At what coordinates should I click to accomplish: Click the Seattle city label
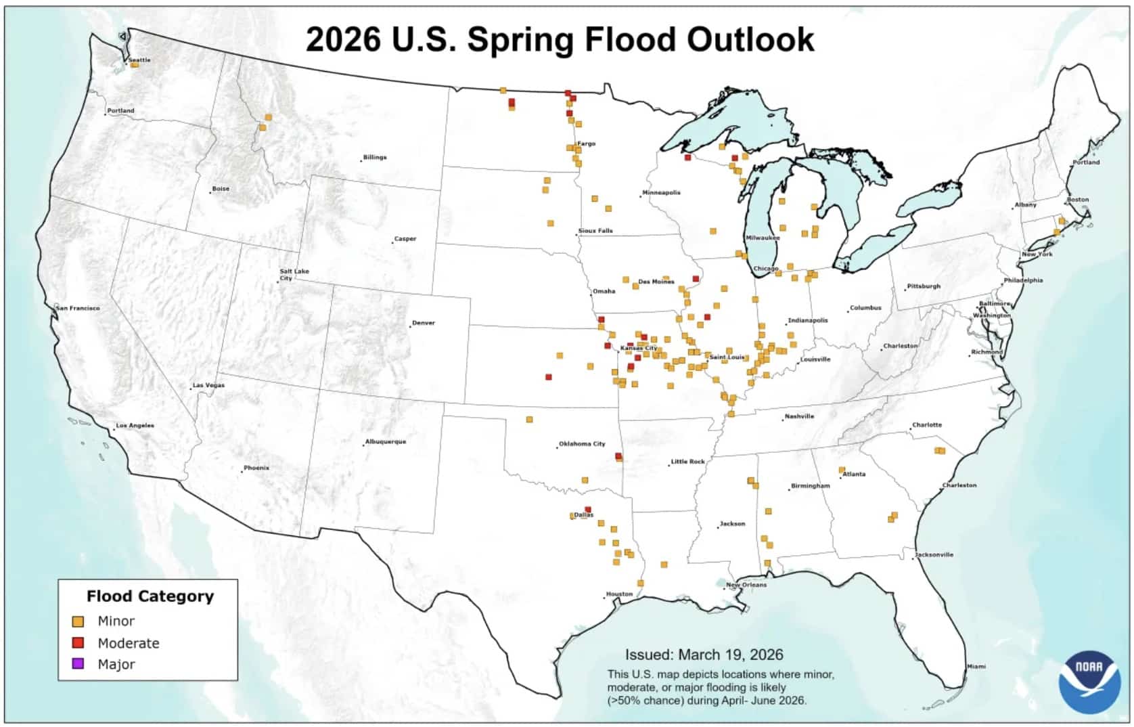(140, 60)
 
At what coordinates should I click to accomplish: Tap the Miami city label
(976, 666)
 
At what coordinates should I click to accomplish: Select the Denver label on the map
(424, 323)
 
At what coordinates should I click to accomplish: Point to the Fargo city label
(587, 144)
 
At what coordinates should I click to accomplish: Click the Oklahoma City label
(582, 444)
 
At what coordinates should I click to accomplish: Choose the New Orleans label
(746, 585)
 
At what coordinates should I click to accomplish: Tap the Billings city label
(375, 157)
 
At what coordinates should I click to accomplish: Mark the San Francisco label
(78, 308)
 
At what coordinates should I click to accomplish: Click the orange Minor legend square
(78, 621)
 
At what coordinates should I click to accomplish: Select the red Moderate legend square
(78, 643)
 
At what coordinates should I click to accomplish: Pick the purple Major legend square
(78, 664)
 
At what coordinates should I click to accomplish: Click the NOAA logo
(1089, 681)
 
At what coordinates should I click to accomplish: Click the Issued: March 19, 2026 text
(704, 655)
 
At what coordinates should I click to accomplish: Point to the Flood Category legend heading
(150, 596)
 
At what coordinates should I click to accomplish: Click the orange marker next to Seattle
(135, 65)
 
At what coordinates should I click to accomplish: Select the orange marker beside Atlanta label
(842, 469)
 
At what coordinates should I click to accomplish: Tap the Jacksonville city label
(934, 554)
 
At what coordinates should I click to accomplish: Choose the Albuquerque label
(386, 441)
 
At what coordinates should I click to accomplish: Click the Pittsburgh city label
(924, 286)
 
